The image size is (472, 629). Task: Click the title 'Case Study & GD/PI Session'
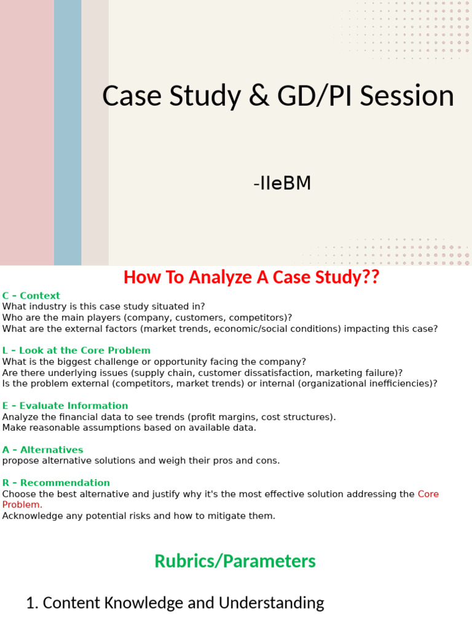coord(278,96)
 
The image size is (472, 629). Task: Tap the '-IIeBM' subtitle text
coord(282,183)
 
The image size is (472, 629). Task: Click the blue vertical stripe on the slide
coord(68,132)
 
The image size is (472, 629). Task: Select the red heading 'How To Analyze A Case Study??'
coord(251,277)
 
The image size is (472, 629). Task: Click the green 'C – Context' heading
coord(31,295)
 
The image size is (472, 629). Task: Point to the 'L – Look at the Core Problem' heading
coord(76,350)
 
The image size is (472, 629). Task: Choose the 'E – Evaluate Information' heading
coord(65,405)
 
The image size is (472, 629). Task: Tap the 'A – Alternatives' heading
coord(42,450)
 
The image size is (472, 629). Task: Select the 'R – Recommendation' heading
coord(56,483)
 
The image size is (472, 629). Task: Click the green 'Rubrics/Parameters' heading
coord(235,561)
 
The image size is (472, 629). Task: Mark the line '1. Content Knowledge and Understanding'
coord(175,603)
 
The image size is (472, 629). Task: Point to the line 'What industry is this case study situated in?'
coord(104,307)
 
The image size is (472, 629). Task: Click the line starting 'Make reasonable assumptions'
coord(129,428)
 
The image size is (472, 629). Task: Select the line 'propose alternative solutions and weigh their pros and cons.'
coord(141,461)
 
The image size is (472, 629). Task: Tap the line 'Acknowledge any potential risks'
coord(139,516)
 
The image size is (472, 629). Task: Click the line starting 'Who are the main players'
coord(147,318)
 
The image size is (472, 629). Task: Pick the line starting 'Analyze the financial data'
coord(169,416)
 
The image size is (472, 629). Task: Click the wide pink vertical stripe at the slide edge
coord(26,132)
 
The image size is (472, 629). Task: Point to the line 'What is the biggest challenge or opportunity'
coord(154,361)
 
